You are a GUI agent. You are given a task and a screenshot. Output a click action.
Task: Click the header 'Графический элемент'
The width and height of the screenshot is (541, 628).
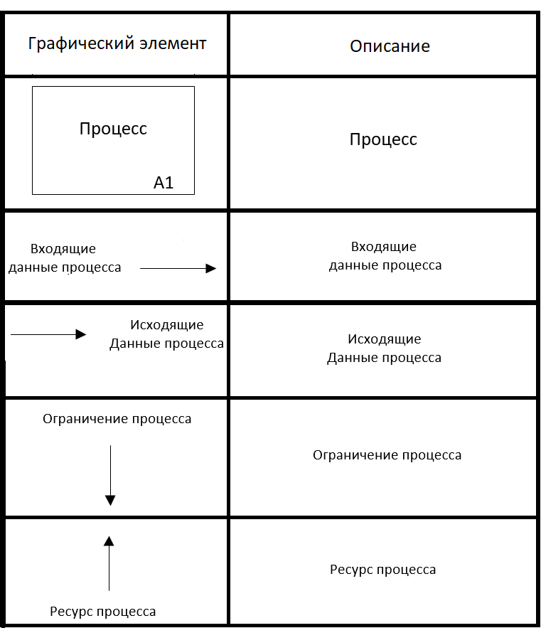tap(117, 44)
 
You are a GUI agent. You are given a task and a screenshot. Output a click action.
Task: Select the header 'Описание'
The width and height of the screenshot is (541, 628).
tap(390, 47)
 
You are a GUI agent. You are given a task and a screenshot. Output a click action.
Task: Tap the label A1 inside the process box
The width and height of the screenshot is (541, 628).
tap(164, 183)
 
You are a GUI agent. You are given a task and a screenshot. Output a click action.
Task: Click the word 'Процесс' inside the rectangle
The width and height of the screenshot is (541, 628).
tap(113, 129)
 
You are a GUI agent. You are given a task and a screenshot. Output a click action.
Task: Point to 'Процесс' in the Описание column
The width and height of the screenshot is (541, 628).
tap(383, 139)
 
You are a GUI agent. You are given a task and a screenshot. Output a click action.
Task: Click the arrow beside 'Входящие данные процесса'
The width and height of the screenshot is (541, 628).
tap(178, 268)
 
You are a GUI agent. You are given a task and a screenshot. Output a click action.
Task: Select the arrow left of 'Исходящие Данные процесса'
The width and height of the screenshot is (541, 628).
tap(48, 334)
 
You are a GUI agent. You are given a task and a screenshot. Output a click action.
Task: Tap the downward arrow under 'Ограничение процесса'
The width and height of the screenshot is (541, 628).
tap(110, 475)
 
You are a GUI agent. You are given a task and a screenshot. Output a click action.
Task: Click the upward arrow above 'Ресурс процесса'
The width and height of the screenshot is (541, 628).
tap(109, 563)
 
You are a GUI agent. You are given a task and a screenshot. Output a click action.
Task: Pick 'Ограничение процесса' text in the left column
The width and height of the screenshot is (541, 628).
tap(117, 419)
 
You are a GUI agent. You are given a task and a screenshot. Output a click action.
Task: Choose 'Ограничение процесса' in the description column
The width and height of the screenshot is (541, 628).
tap(387, 455)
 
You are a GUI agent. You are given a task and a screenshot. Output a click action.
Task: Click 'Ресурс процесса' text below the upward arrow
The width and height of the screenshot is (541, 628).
tap(102, 612)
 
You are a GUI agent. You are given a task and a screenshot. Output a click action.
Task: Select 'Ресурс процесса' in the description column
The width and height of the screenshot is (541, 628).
tap(382, 570)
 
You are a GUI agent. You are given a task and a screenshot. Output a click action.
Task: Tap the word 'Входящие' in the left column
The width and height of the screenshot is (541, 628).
tap(63, 249)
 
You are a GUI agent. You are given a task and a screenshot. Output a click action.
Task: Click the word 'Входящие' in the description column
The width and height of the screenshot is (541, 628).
tap(384, 247)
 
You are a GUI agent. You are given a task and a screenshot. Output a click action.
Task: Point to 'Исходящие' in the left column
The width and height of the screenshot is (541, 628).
tap(166, 325)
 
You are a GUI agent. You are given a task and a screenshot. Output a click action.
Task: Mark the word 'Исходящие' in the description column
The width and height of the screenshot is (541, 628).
tap(384, 339)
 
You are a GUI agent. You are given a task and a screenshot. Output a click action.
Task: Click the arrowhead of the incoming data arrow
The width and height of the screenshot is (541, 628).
tap(211, 268)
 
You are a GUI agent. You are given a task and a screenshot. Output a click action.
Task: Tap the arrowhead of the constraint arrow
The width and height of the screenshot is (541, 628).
tap(110, 500)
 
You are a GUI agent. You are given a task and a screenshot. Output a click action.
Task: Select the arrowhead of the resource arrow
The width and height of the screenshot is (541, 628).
tap(109, 541)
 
